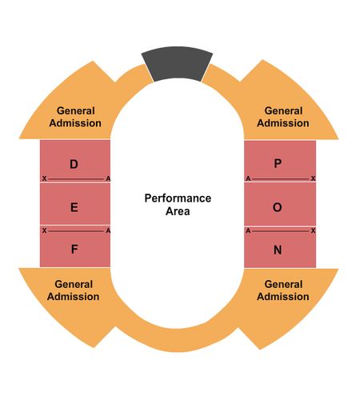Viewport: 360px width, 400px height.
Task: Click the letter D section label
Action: click(x=74, y=164)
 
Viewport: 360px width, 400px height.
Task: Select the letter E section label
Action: click(x=74, y=207)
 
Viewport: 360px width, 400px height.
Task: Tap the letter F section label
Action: click(x=74, y=249)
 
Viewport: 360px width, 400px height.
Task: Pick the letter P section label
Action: click(x=278, y=163)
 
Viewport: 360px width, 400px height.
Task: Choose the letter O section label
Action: click(x=278, y=207)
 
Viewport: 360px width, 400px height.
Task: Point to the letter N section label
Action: click(x=278, y=250)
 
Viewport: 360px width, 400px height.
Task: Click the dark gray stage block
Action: click(x=177, y=64)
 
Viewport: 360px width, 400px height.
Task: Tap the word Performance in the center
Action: click(x=178, y=198)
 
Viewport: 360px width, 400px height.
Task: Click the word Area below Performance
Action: click(x=178, y=211)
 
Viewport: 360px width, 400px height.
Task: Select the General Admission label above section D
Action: click(x=75, y=117)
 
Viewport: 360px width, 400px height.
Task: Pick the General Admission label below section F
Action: click(x=74, y=290)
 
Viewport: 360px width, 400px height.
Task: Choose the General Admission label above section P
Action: click(x=283, y=117)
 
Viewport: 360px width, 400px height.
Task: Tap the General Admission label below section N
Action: click(x=283, y=290)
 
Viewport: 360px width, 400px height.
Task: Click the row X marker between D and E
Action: click(x=44, y=178)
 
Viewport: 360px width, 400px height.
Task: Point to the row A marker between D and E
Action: click(x=108, y=178)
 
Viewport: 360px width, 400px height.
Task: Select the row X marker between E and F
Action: click(x=44, y=230)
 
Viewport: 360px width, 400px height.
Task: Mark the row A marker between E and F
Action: click(x=108, y=230)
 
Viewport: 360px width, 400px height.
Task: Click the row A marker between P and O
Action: click(x=248, y=178)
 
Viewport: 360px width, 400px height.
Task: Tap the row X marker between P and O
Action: click(x=313, y=178)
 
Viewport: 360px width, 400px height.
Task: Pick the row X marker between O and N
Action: click(x=313, y=230)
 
